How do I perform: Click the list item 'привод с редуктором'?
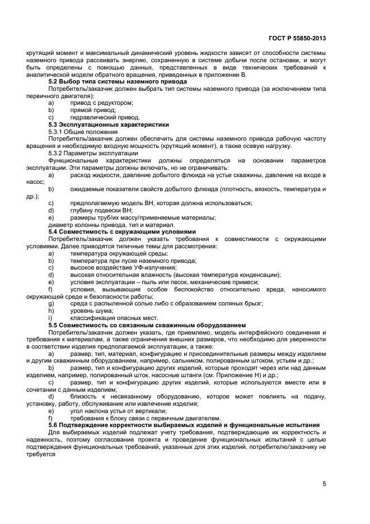pyautogui.click(x=101, y=103)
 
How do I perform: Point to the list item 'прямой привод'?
pyautogui.click(x=93, y=110)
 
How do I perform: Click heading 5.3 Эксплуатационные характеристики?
pyautogui.click(x=109, y=124)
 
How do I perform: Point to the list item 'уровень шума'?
pyautogui.click(x=91, y=310)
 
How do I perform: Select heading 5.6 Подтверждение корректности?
pyautogui.click(x=184, y=425)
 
